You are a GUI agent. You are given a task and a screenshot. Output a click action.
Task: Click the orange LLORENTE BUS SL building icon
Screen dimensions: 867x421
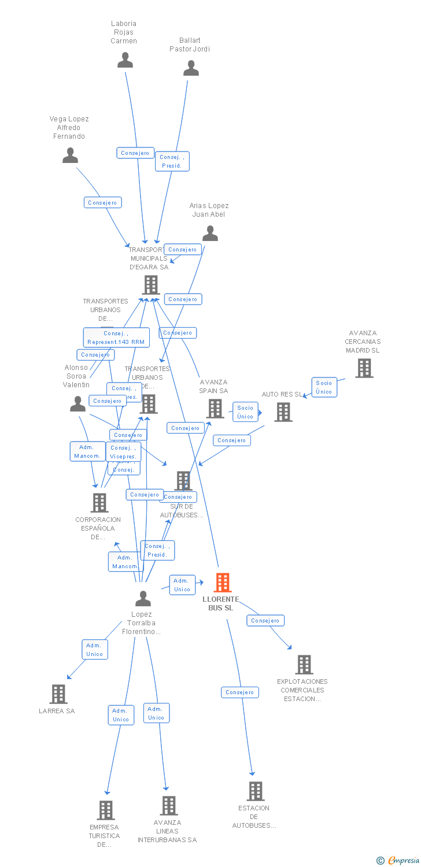(x=223, y=583)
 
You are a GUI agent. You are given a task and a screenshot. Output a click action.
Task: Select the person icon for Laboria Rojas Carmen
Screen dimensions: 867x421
(x=125, y=60)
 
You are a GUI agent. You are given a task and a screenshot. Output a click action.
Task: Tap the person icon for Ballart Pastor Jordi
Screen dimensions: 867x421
(x=191, y=68)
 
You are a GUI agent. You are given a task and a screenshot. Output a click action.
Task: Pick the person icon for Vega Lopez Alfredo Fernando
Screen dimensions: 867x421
(x=70, y=155)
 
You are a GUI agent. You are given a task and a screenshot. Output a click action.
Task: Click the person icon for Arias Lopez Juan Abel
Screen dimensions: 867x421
(x=210, y=234)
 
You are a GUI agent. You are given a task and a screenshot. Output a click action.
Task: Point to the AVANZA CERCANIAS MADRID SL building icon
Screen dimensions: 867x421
(x=364, y=368)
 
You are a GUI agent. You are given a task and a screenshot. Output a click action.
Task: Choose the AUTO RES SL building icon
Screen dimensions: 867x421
(x=283, y=412)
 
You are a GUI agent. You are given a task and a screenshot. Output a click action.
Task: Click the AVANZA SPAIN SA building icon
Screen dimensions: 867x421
(x=215, y=409)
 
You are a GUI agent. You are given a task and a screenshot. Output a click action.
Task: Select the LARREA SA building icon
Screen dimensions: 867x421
(x=58, y=694)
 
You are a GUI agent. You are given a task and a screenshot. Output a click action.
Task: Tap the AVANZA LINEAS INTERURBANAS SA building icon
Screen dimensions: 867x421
(x=168, y=805)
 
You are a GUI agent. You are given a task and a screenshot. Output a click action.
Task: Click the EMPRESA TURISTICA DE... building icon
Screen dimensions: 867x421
(x=105, y=810)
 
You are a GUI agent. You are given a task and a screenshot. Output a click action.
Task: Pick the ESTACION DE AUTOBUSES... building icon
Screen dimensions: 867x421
(x=255, y=791)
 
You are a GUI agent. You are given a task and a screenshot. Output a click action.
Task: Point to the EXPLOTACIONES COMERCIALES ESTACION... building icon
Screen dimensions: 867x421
(x=304, y=665)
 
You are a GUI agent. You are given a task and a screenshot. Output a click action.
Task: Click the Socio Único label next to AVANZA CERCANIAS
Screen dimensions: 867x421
(x=324, y=387)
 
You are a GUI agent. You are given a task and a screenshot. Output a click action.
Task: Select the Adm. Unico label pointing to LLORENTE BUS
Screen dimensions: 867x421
(x=182, y=585)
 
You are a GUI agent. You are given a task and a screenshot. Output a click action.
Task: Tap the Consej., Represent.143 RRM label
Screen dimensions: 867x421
(x=116, y=338)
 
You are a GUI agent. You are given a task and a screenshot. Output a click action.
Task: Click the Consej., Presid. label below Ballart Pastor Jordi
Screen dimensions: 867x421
(x=172, y=161)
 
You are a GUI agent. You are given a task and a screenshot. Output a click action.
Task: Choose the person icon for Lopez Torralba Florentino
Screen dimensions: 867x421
(x=143, y=599)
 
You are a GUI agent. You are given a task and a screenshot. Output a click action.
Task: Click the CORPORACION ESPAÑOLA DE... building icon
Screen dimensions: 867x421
(x=99, y=503)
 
